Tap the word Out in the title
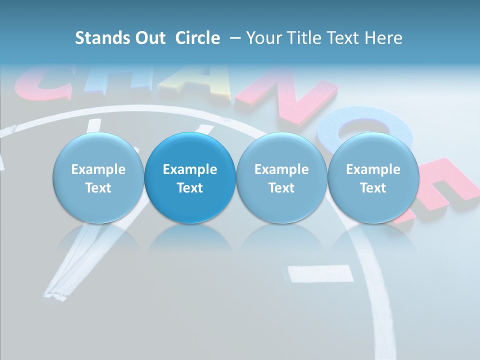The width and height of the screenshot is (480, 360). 149,38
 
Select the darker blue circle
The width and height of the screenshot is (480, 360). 190,178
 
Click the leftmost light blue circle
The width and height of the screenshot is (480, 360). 98,178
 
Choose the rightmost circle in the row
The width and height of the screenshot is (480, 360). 373,178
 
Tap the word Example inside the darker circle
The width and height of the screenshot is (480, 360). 190,169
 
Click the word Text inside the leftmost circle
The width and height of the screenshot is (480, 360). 98,188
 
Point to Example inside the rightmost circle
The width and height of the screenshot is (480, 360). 373,169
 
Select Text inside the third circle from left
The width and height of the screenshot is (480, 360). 281,188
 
